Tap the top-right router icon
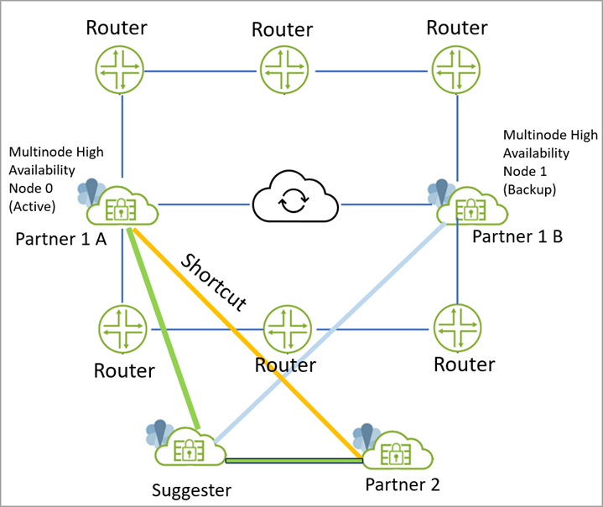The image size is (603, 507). pyautogui.click(x=457, y=68)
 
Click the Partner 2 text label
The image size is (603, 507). pyautogui.click(x=403, y=484)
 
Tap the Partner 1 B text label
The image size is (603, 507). pyautogui.click(x=517, y=236)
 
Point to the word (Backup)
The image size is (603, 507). pyautogui.click(x=528, y=189)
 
